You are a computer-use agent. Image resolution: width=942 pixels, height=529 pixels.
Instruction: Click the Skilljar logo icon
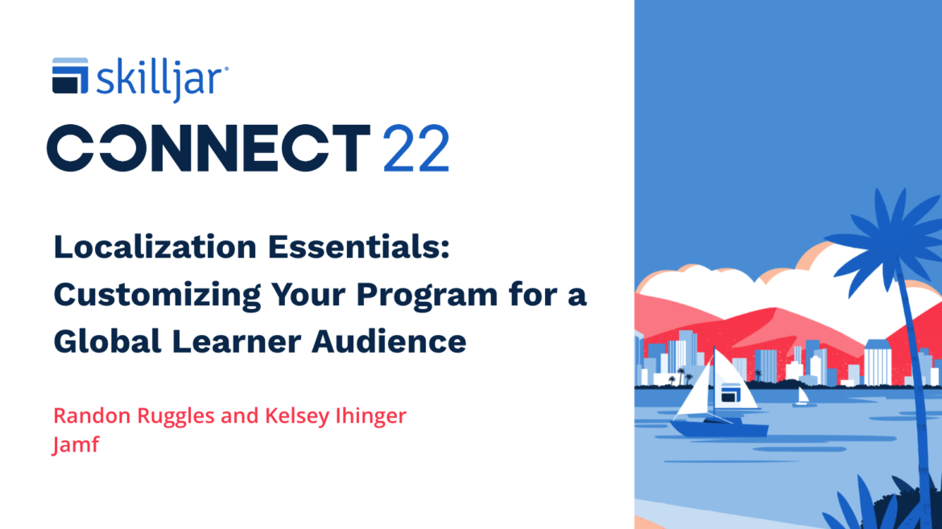[70, 76]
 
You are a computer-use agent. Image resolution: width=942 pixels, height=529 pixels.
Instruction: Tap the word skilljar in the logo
[161, 79]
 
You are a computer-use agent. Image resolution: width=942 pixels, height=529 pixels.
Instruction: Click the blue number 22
[415, 148]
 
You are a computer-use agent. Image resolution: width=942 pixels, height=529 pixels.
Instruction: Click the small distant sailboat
[802, 397]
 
